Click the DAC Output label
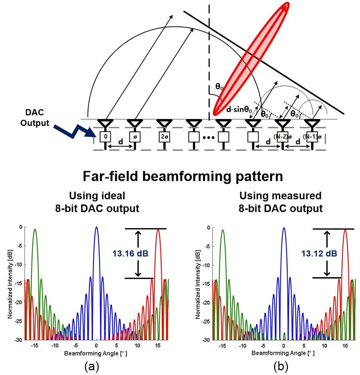(x=34, y=118)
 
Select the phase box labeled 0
(x=105, y=137)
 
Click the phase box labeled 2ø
(x=164, y=137)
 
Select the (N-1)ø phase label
(x=311, y=137)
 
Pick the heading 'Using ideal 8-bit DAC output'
(x=97, y=202)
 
